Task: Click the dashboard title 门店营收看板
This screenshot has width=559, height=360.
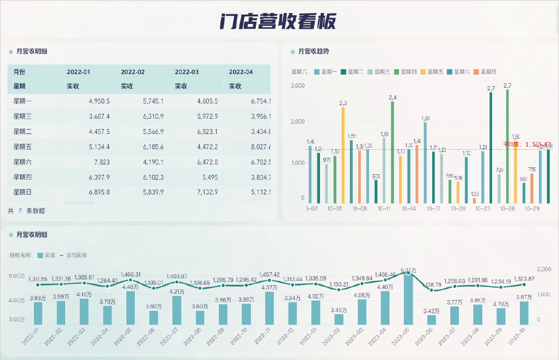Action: click(278, 21)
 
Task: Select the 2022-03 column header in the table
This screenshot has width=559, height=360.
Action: click(187, 72)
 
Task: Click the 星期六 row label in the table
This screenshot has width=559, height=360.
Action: click(23, 162)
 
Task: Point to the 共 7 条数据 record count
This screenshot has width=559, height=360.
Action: click(26, 211)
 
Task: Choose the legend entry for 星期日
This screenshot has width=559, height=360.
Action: click(484, 71)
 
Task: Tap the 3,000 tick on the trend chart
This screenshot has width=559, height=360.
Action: click(297, 86)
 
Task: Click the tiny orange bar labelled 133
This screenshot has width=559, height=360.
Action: click(474, 200)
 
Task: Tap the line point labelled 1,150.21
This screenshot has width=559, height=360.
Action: click(339, 290)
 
